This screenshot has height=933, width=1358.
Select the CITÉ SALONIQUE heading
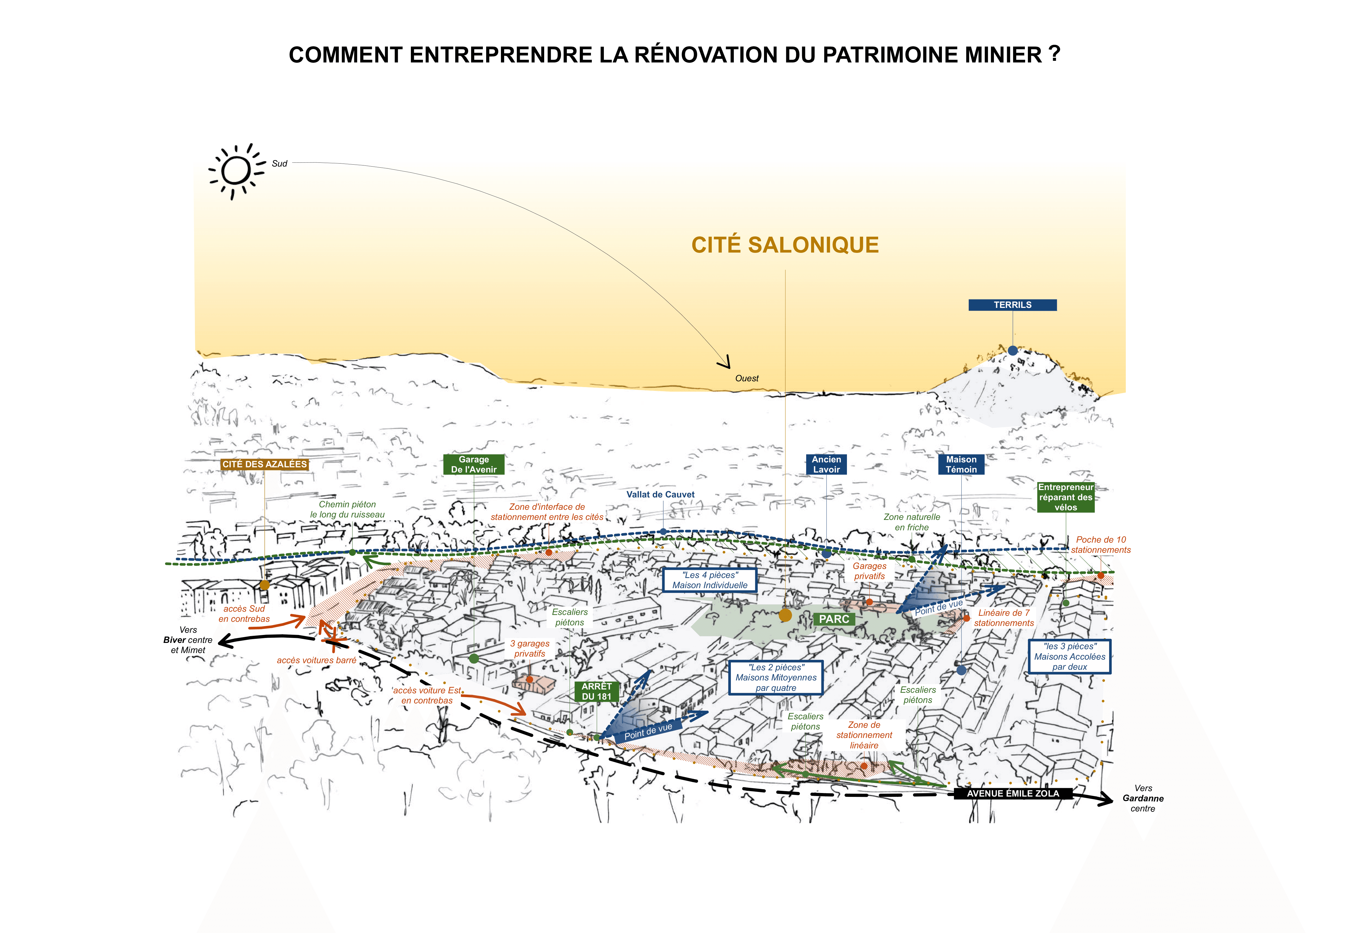[x=785, y=245]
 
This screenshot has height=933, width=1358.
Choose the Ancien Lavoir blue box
[x=826, y=464]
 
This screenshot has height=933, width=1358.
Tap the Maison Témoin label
[x=961, y=464]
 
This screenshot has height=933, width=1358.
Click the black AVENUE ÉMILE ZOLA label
[x=1013, y=793]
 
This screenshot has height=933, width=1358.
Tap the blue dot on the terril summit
[x=1013, y=351]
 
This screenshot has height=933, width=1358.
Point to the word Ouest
[x=747, y=378]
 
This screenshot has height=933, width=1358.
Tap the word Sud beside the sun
[x=279, y=164]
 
